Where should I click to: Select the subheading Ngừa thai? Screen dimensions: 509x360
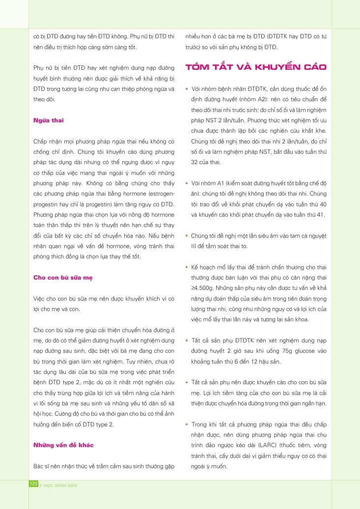49,120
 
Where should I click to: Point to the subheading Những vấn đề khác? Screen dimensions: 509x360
63,445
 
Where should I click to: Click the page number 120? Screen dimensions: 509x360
34,484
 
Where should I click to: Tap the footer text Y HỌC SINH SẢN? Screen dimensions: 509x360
58,485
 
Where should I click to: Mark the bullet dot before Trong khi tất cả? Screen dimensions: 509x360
187,424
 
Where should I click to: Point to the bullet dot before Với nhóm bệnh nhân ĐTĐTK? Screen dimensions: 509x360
187,89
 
